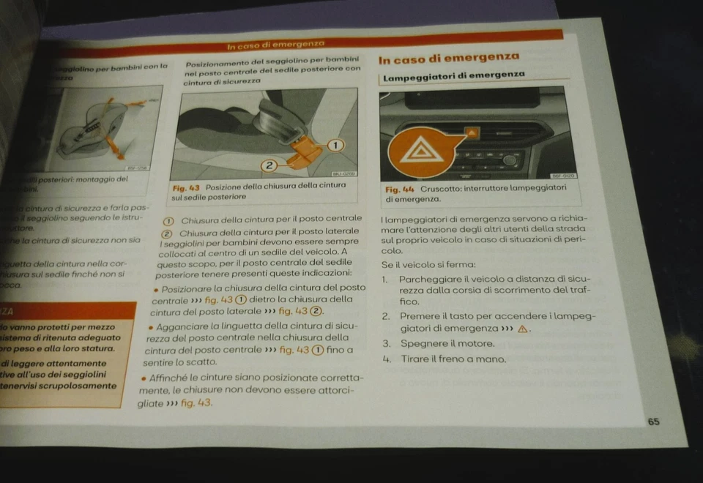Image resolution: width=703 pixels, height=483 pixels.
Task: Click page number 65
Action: (653, 422)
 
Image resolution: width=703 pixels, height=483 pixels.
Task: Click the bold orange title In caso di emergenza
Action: (449, 58)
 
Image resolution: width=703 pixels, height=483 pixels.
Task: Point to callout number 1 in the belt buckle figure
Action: (336, 145)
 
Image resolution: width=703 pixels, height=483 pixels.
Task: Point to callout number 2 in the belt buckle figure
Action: (269, 165)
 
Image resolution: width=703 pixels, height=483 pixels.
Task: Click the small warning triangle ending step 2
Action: (522, 329)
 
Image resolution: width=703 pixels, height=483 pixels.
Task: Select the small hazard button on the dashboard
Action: (472, 133)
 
